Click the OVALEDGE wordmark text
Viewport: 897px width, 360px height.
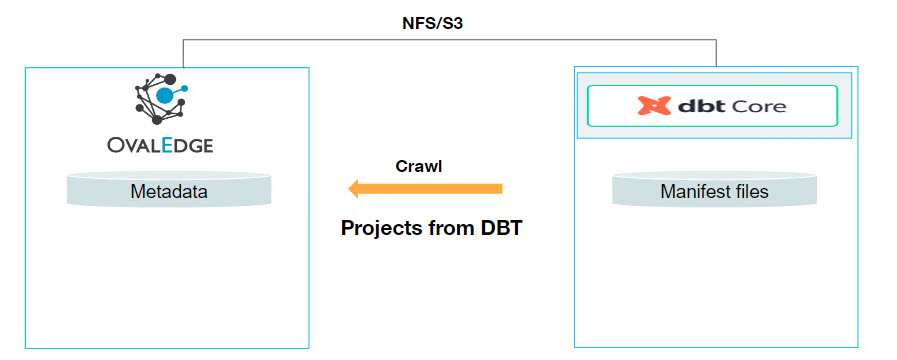(160, 146)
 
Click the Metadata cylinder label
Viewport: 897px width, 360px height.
(169, 191)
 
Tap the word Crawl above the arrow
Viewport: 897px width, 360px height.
(419, 166)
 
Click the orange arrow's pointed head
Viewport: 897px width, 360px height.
(356, 188)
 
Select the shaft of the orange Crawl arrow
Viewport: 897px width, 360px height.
(440, 188)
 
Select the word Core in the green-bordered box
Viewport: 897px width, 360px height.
(758, 105)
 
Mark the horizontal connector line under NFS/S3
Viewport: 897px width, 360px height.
(450, 41)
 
